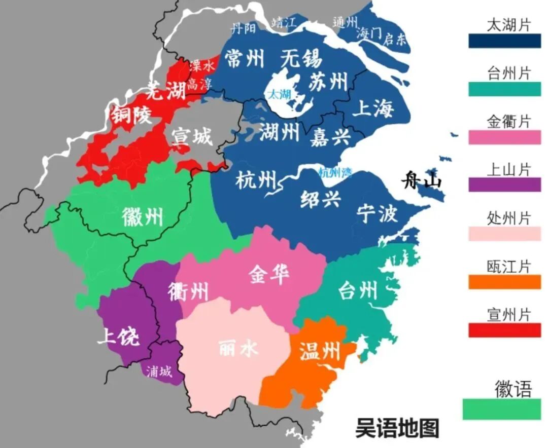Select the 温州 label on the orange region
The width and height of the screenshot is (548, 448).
tap(319, 351)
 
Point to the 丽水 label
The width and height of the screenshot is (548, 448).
tap(238, 349)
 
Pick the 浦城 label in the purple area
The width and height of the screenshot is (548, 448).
tap(159, 372)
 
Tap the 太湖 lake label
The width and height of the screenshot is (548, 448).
tap(279, 94)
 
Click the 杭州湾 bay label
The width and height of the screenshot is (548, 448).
tap(335, 172)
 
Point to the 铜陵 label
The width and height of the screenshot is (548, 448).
tap(131, 116)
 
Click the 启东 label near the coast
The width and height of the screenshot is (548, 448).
tap(396, 39)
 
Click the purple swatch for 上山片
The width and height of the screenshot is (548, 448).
tap(504, 185)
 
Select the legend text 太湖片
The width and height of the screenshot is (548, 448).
tap(508, 25)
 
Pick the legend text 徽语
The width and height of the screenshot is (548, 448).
tap(513, 389)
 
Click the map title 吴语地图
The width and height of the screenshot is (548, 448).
tap(397, 428)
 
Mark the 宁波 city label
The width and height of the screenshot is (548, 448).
tap(376, 213)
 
